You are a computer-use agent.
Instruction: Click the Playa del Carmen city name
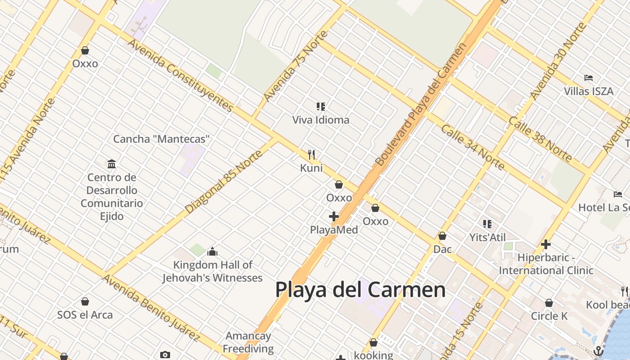[x=360, y=289]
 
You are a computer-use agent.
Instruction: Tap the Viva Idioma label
[x=320, y=120]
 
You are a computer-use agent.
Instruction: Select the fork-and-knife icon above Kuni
[x=311, y=155]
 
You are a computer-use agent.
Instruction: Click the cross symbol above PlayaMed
[x=333, y=216]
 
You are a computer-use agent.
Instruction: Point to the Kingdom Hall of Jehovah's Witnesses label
[x=212, y=271]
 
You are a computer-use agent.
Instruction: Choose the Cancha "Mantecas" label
[x=161, y=139]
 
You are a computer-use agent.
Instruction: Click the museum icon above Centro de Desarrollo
[x=112, y=164]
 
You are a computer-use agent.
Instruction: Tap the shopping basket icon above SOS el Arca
[x=85, y=301]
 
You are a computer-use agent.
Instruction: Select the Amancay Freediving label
[x=248, y=342]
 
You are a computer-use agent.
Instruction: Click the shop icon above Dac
[x=442, y=236]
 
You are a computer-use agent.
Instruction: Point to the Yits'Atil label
[x=487, y=237]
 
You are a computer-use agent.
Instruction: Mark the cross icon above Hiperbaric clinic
[x=546, y=244]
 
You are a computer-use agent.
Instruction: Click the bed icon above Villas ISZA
[x=589, y=78]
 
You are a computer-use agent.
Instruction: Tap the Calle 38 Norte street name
[x=540, y=139]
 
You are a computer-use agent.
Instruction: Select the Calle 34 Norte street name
[x=472, y=147]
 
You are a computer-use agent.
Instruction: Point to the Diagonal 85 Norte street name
[x=224, y=181]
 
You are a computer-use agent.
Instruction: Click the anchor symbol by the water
[x=598, y=351]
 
